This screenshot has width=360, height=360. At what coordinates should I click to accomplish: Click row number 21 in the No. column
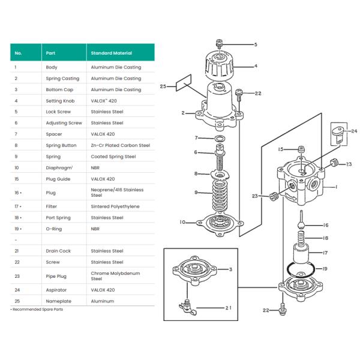point(16,251)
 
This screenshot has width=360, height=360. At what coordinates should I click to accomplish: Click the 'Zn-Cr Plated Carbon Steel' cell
point(120,145)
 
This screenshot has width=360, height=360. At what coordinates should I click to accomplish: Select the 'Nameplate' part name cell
point(58,301)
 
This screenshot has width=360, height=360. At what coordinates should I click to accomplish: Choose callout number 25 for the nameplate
point(163,87)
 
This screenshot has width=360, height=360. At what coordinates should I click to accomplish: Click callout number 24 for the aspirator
point(354,131)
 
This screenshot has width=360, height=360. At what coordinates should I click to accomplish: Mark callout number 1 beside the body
point(337,187)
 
